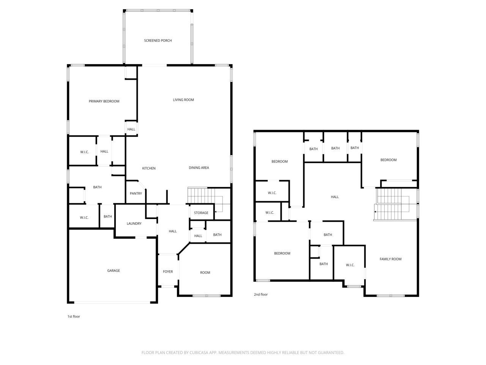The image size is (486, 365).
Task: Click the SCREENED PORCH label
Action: [x=158, y=41]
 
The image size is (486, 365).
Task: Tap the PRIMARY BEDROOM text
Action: [x=104, y=101]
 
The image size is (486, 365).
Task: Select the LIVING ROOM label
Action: [x=183, y=100]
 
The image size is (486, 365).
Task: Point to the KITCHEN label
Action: [x=149, y=168]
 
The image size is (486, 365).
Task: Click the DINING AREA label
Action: [x=199, y=168]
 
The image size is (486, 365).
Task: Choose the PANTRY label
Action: [x=136, y=194]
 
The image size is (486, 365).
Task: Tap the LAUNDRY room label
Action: [x=134, y=224]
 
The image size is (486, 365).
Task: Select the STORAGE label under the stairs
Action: [x=201, y=213]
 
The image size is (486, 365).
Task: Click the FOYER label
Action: [x=168, y=271]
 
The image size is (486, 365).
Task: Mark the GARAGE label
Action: [x=113, y=271]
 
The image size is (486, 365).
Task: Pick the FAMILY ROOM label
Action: [x=390, y=259]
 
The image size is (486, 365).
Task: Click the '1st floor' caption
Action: [x=74, y=316]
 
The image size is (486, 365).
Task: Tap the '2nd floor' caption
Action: [x=261, y=294]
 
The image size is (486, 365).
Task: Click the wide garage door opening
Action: [x=112, y=303]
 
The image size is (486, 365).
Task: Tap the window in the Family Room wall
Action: [x=390, y=295]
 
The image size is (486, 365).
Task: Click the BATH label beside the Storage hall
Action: [x=217, y=235]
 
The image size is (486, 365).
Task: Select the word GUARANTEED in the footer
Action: [x=331, y=353]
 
